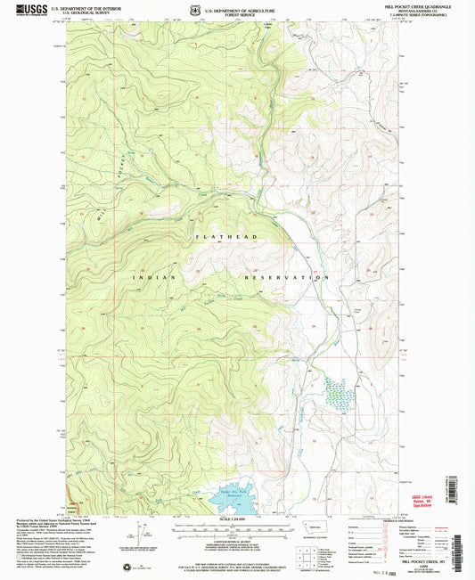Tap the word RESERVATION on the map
click(x=281, y=278)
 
